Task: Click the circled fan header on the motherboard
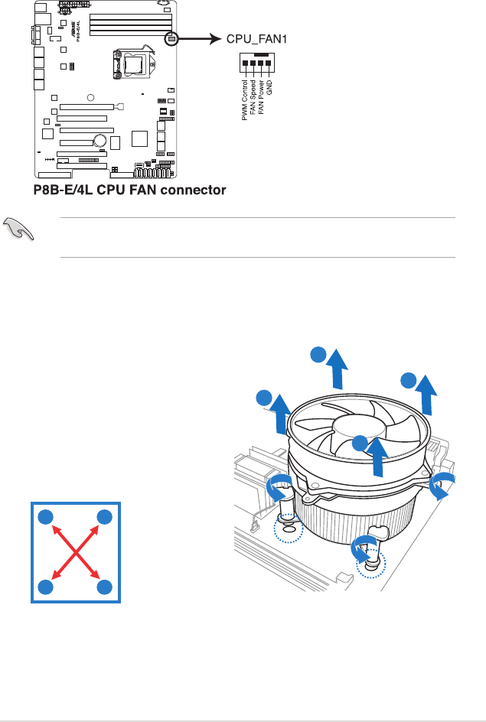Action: [171, 38]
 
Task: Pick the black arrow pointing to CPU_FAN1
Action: [200, 38]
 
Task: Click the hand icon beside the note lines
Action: [17, 227]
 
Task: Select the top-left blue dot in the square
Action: [45, 516]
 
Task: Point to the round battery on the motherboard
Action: [99, 140]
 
